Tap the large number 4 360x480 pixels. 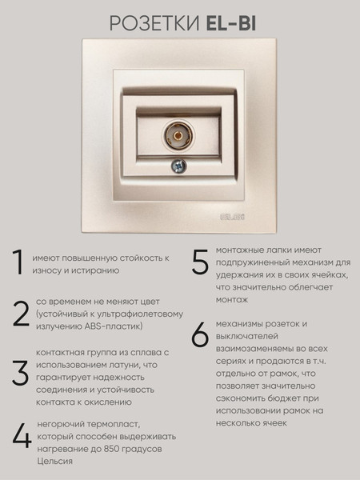tap(21, 436)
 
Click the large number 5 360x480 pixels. tap(200, 263)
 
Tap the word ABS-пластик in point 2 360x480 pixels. tap(115, 326)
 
